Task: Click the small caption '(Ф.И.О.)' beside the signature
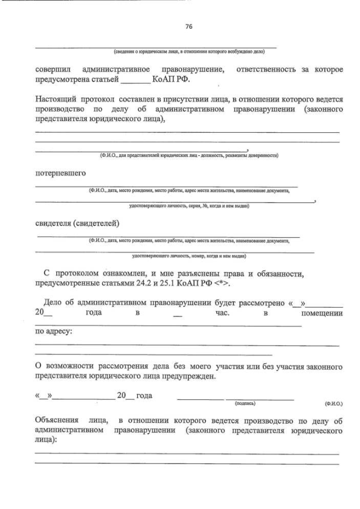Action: pos(332,404)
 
